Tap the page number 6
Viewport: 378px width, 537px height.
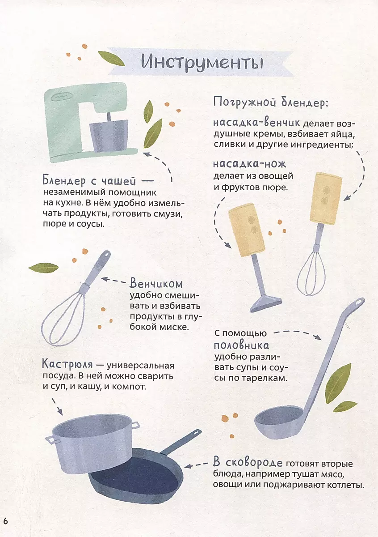pos(5,522)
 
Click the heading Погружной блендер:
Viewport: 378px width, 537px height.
pos(270,102)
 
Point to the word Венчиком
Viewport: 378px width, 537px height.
pos(156,284)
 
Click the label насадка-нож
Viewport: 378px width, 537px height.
pos(249,164)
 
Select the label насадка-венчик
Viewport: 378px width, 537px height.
pos(256,123)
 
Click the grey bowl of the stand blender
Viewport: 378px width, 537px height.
pos(109,136)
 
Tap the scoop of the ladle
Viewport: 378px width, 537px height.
pos(278,422)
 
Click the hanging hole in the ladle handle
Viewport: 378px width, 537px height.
pos(359,303)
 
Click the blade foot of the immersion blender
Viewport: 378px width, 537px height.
pos(266,304)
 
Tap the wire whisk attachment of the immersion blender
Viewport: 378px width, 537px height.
pos(311,273)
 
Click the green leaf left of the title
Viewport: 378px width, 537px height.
pos(111,58)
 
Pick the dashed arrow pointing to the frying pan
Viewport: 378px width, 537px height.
pos(196,465)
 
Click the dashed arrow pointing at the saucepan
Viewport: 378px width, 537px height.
pos(58,407)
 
